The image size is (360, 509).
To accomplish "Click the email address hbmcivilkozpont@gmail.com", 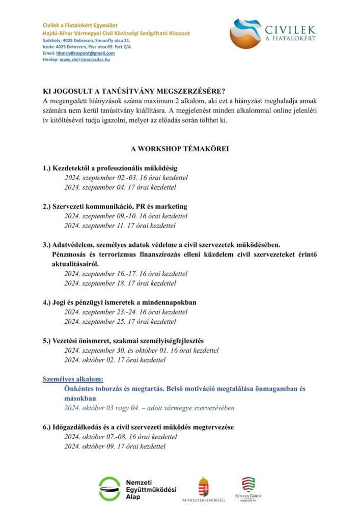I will [x=86, y=53].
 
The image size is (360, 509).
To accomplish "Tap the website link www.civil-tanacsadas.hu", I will [x=85, y=60].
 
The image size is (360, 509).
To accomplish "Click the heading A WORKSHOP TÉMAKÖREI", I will [x=180, y=149].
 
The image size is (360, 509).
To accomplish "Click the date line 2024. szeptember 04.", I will [x=120, y=187].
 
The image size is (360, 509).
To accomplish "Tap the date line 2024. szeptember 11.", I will [x=120, y=225].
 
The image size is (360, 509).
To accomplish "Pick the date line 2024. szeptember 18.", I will [x=120, y=283].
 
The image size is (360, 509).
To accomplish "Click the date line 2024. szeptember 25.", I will [x=120, y=322].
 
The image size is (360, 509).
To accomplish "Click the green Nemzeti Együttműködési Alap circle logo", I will [x=109, y=489].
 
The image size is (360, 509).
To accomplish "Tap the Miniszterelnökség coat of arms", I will [x=203, y=486].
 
